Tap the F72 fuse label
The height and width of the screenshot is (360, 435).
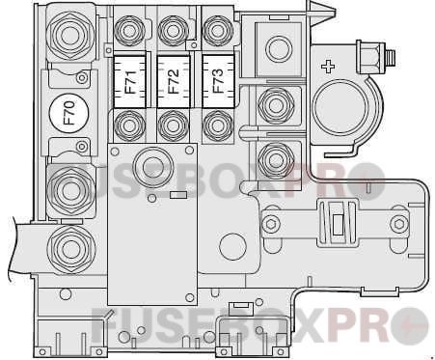click(x=173, y=76)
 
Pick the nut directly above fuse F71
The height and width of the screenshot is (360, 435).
click(x=128, y=32)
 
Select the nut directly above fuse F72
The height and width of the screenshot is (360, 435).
click(x=173, y=32)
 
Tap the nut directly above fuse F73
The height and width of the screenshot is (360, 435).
click(x=215, y=32)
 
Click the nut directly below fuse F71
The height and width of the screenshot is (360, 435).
click(x=128, y=124)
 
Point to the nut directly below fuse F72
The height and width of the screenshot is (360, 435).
click(x=173, y=124)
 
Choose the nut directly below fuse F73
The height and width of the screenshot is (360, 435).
click(x=215, y=124)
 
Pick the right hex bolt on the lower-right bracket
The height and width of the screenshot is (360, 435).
click(x=398, y=224)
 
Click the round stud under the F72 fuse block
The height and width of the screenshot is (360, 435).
click(x=150, y=163)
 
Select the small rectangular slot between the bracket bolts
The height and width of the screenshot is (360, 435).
click(x=338, y=225)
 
